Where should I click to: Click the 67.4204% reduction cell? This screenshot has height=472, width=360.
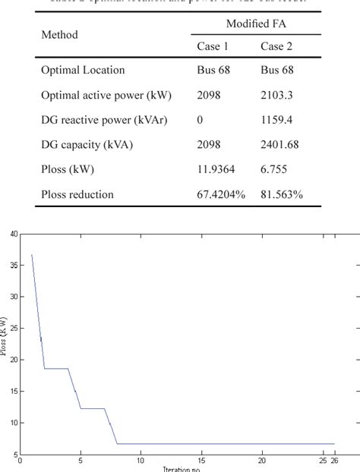pos(221,195)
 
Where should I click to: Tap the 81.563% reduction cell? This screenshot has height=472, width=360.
pos(282,195)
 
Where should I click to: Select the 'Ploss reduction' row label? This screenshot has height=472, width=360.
pos(77,195)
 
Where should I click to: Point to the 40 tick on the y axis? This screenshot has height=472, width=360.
pos(13,234)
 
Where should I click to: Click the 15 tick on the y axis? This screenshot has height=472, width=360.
pos(13,391)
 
